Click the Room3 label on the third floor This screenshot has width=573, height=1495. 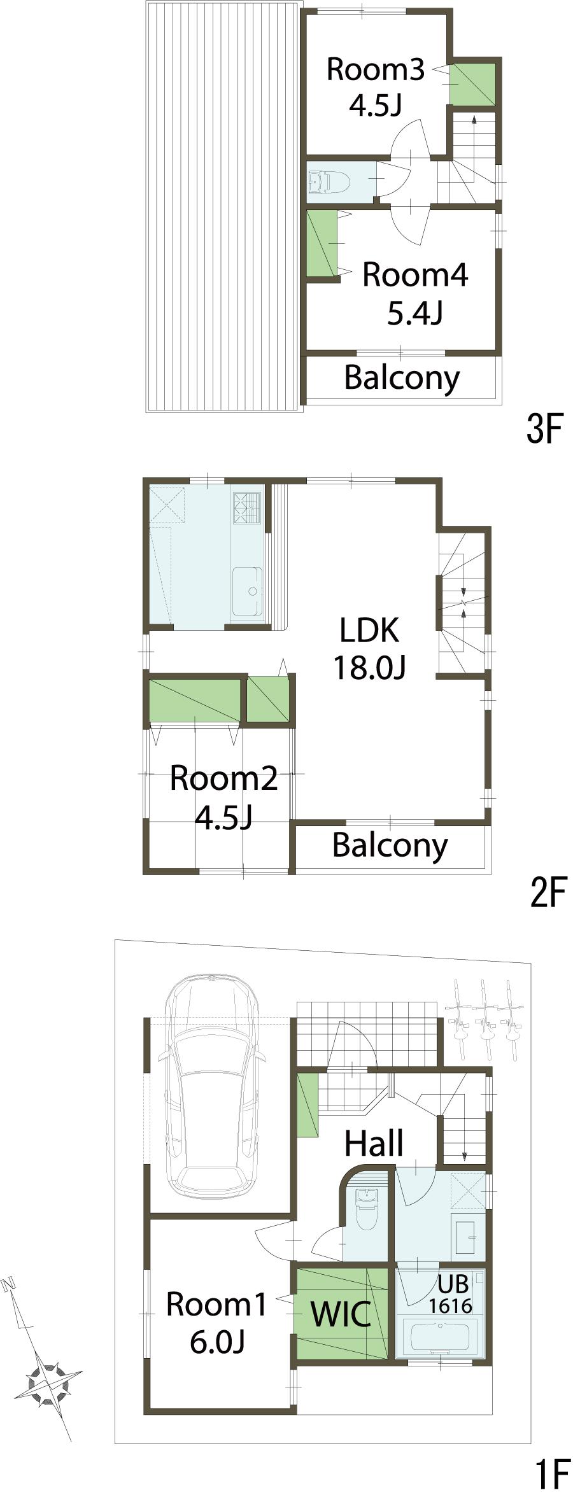tap(375, 69)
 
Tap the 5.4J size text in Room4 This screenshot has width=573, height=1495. tap(414, 313)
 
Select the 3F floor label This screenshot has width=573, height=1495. tap(545, 430)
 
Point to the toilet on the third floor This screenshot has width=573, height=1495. tap(330, 181)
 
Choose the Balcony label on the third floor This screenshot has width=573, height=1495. tap(402, 378)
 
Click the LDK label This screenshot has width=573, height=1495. tap(369, 630)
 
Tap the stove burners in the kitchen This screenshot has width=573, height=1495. tap(248, 508)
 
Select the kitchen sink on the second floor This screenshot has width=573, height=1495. tap(248, 591)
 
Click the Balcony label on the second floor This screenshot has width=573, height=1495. tap(390, 845)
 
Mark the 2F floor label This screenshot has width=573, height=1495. tap(548, 892)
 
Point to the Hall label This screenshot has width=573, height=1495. tap(374, 1143)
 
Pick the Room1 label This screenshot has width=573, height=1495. tap(216, 1305)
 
